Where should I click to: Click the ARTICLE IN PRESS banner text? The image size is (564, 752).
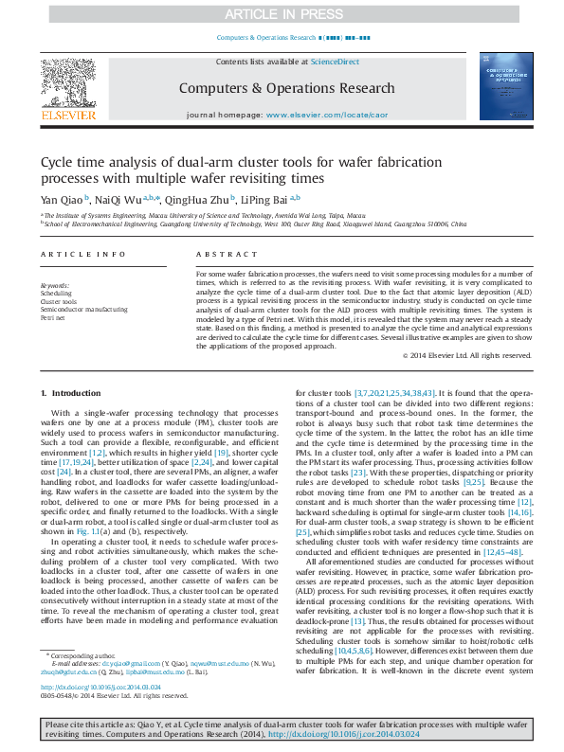click(x=282, y=14)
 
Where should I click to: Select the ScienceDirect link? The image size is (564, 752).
click(x=335, y=62)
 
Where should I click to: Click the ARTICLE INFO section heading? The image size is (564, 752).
click(x=83, y=255)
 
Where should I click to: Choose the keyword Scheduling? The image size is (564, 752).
click(x=56, y=294)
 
